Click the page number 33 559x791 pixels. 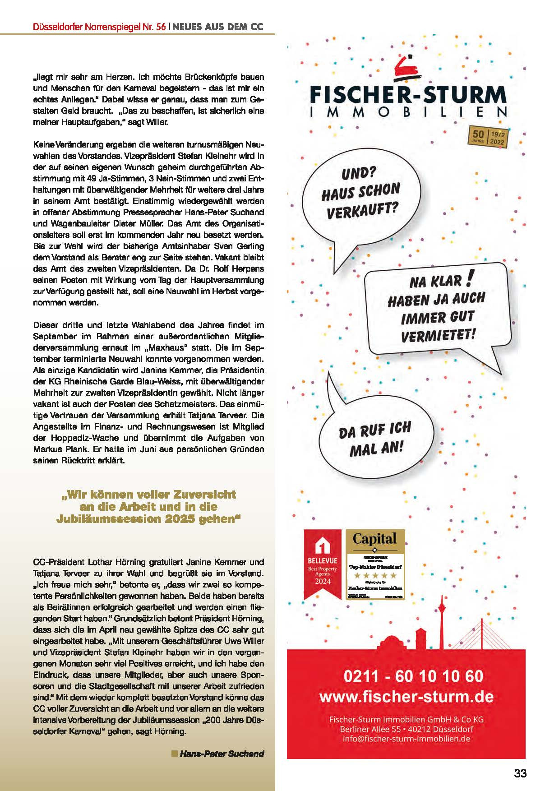[x=520, y=773]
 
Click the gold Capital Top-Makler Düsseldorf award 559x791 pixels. [x=375, y=565]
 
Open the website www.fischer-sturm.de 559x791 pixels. [x=406, y=697]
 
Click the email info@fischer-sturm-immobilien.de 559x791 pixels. [x=406, y=739]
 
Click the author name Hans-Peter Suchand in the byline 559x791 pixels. [x=222, y=754]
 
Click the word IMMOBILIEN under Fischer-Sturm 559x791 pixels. [x=408, y=112]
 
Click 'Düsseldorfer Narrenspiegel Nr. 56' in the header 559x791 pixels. [x=99, y=27]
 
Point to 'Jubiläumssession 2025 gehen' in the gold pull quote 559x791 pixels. [x=148, y=519]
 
